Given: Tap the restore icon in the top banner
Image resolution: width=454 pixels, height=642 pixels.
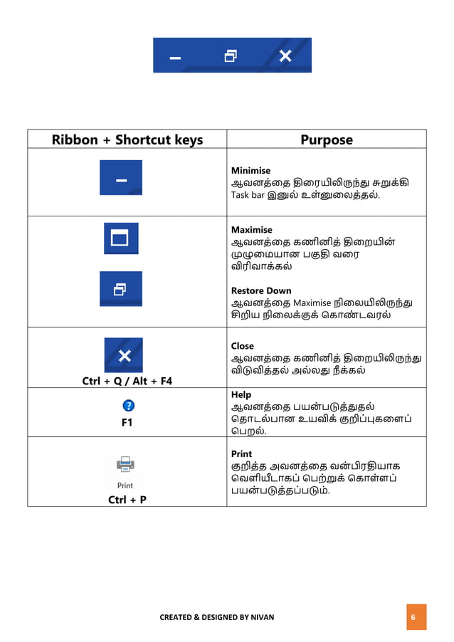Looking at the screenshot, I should coord(230,56).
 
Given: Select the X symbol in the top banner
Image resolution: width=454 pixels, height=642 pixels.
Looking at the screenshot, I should coord(285,56).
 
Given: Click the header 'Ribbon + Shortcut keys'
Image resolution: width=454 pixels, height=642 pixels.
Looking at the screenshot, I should coord(127,140).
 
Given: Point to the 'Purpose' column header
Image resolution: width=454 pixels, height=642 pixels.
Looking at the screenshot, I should coord(326,140).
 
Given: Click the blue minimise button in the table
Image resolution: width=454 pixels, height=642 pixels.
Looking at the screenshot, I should coord(120,178).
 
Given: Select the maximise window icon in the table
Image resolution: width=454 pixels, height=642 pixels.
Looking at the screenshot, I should coord(120,238).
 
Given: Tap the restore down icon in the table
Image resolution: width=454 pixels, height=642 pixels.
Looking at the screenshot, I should coord(120,288).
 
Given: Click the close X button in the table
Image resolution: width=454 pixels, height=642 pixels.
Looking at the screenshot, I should coord(123,355).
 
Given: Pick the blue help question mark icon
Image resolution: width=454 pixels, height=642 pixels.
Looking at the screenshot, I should coord(128,406).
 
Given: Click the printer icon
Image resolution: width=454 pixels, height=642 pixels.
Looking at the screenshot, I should coord(125,465).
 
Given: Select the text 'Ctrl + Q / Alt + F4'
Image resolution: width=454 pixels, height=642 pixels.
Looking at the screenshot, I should coord(127,381).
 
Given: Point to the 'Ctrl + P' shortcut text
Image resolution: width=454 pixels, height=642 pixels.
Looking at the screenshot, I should coord(127,500).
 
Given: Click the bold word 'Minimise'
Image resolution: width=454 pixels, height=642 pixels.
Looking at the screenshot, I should coord(250,171).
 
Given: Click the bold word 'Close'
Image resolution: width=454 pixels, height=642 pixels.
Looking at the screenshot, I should coord(242,346).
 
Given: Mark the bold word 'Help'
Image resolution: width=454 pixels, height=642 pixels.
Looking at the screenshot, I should coord(241,394).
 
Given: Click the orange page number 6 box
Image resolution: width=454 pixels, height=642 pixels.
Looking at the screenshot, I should coord(416,616).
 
